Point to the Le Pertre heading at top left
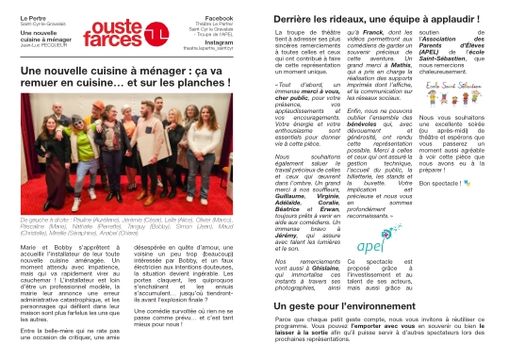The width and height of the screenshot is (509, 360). (32, 18)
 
